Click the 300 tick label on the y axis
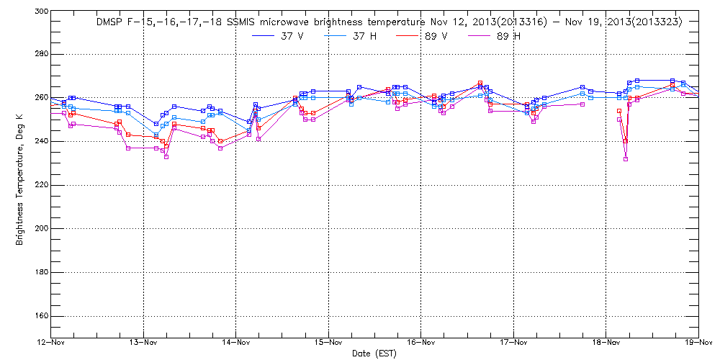[x=40, y=12]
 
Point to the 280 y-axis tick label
[x=40, y=54]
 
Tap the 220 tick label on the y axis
[x=40, y=185]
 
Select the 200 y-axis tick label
[x=40, y=228]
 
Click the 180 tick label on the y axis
[x=40, y=272]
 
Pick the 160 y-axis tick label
[x=40, y=316]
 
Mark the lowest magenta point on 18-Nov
[x=626, y=159]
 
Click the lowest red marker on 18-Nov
[x=625, y=141]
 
